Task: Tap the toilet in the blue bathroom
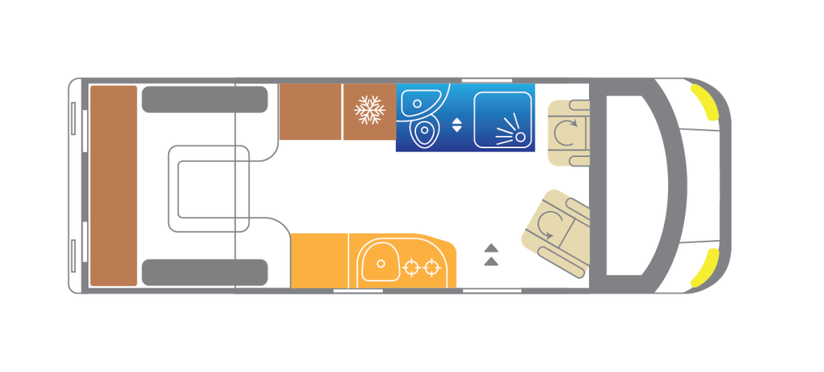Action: coord(424,132)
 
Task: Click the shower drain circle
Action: coord(520,138)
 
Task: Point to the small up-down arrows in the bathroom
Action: coord(457,124)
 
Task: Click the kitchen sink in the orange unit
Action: coord(381,262)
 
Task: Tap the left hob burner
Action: coord(413,266)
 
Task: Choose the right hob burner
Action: coord(432,266)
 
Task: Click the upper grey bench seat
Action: coord(204,99)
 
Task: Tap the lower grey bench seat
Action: coord(204,273)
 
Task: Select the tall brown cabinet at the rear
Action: coord(113,185)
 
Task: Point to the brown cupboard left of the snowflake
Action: coord(311,111)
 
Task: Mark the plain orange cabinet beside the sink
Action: coord(319,260)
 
